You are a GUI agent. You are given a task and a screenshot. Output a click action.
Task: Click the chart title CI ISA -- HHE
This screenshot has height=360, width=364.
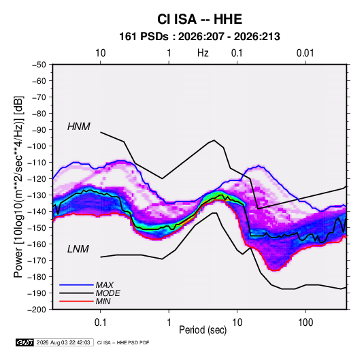click(199, 19)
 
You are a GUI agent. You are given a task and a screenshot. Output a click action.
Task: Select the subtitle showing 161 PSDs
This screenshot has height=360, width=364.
click(199, 37)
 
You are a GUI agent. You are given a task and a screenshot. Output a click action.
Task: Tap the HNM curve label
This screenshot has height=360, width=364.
click(79, 127)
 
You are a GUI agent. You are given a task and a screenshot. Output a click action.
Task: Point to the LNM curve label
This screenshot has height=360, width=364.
click(78, 249)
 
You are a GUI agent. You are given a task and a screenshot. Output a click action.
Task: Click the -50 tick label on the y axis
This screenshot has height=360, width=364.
click(39, 65)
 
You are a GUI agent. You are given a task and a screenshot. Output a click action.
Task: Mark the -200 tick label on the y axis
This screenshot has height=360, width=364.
click(37, 310)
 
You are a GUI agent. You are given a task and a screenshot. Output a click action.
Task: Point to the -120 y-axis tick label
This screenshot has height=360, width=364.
click(37, 179)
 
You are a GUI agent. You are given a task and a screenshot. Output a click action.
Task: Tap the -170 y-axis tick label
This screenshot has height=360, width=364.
click(37, 261)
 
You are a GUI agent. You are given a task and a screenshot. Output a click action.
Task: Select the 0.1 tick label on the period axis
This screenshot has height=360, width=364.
click(100, 323)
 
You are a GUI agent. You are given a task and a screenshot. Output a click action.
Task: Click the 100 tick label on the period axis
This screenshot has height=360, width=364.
click(305, 323)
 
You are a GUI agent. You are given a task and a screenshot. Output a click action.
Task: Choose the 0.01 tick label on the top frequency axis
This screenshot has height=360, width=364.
click(305, 53)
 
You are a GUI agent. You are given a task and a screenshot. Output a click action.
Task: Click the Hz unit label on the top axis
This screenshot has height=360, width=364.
click(203, 53)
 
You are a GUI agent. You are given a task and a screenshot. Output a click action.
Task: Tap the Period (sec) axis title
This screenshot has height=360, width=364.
click(203, 330)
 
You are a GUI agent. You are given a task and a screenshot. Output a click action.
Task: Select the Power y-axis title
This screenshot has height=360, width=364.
click(19, 186)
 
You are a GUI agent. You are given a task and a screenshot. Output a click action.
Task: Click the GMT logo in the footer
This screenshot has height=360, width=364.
click(25, 342)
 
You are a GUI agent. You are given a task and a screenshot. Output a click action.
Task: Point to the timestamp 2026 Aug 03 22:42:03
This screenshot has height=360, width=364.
click(63, 342)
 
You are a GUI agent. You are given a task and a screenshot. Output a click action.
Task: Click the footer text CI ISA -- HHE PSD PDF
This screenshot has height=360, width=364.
click(123, 342)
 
